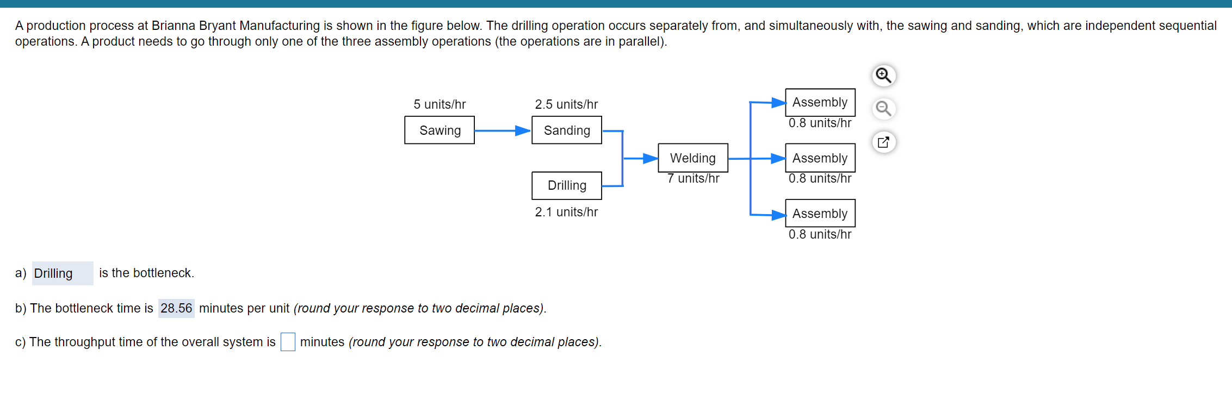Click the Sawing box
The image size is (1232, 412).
coord(439,130)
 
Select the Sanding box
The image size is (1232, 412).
coord(567,130)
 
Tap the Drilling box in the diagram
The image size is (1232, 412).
coord(567,186)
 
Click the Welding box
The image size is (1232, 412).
coord(693,158)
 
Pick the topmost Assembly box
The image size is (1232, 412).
coord(820,102)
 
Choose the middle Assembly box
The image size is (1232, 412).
coord(820,158)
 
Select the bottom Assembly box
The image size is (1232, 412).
coord(820,214)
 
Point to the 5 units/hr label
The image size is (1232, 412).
coord(439,104)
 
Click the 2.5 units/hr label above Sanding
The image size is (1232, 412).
coord(566,104)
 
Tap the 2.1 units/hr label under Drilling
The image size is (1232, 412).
coord(566,212)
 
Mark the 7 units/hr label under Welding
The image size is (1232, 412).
coord(694,178)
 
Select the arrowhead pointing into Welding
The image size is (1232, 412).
coord(651,158)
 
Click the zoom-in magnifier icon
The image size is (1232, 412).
coord(884,76)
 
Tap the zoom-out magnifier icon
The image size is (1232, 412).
coord(884,109)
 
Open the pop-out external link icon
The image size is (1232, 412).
coord(884,142)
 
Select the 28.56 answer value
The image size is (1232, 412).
coord(176,309)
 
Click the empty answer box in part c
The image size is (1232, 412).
coord(288,342)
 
